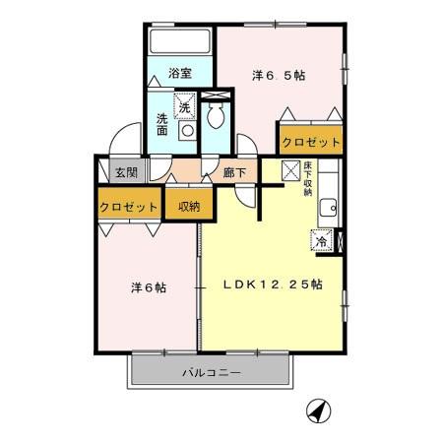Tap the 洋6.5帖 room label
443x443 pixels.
(x=278, y=74)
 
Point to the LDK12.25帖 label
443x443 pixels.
(x=274, y=285)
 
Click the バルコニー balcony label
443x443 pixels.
(x=212, y=374)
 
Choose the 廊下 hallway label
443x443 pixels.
(x=234, y=172)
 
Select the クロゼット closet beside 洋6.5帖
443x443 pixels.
(x=311, y=142)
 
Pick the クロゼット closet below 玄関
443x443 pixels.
(x=129, y=207)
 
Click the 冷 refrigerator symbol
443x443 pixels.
(x=323, y=239)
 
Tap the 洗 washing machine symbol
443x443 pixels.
(x=184, y=105)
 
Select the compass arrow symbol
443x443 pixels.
(x=318, y=411)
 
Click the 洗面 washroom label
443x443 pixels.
(x=162, y=125)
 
